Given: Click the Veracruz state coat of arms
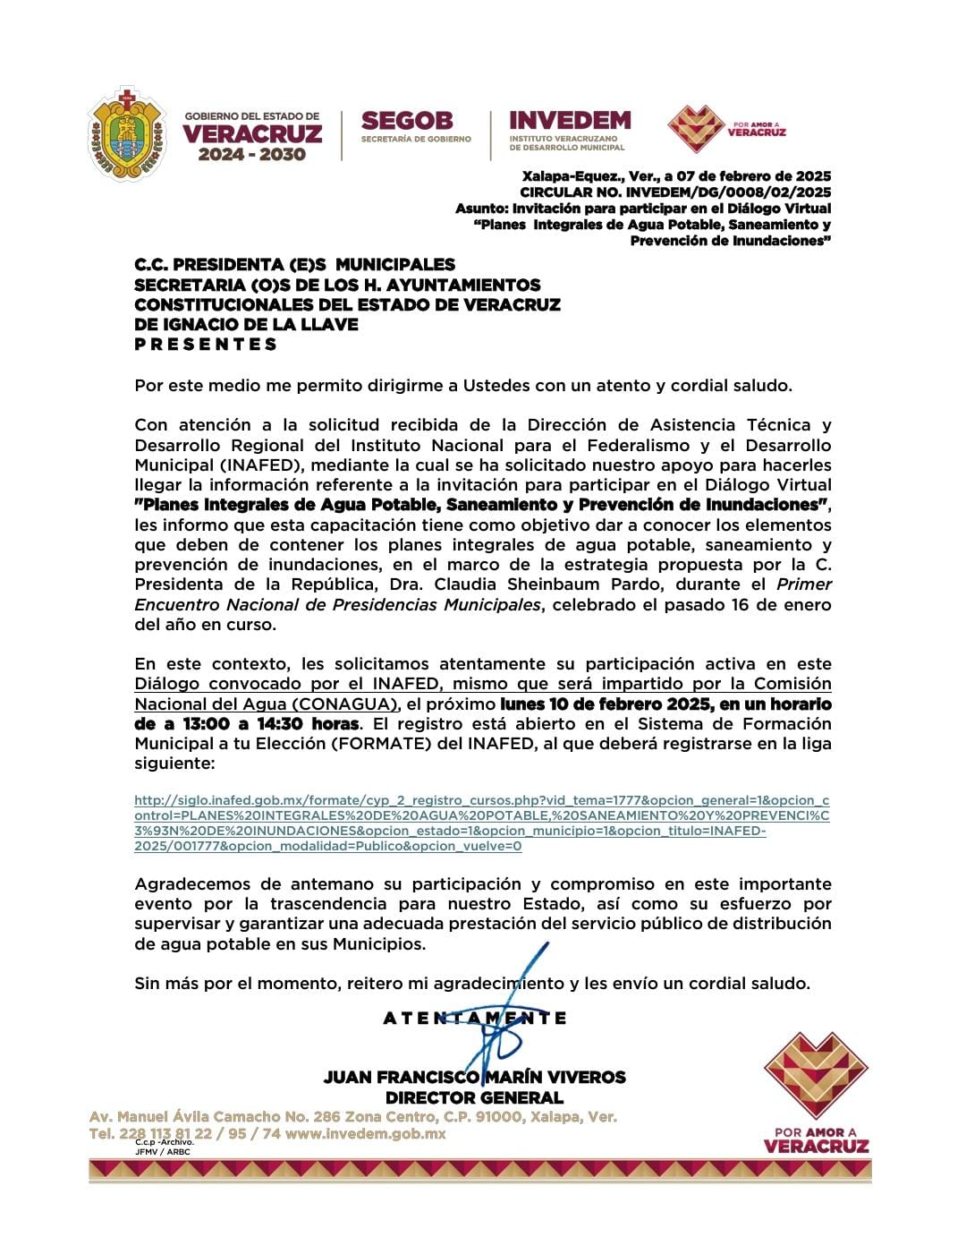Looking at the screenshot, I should [x=128, y=134].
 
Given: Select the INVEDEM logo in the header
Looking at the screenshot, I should [x=569, y=128].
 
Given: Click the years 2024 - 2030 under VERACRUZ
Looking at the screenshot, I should [x=252, y=155].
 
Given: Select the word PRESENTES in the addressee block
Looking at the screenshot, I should [x=206, y=345].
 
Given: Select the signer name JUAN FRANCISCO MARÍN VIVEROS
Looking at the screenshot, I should [x=474, y=1077].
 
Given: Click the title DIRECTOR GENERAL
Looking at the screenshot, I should [x=474, y=1097].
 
